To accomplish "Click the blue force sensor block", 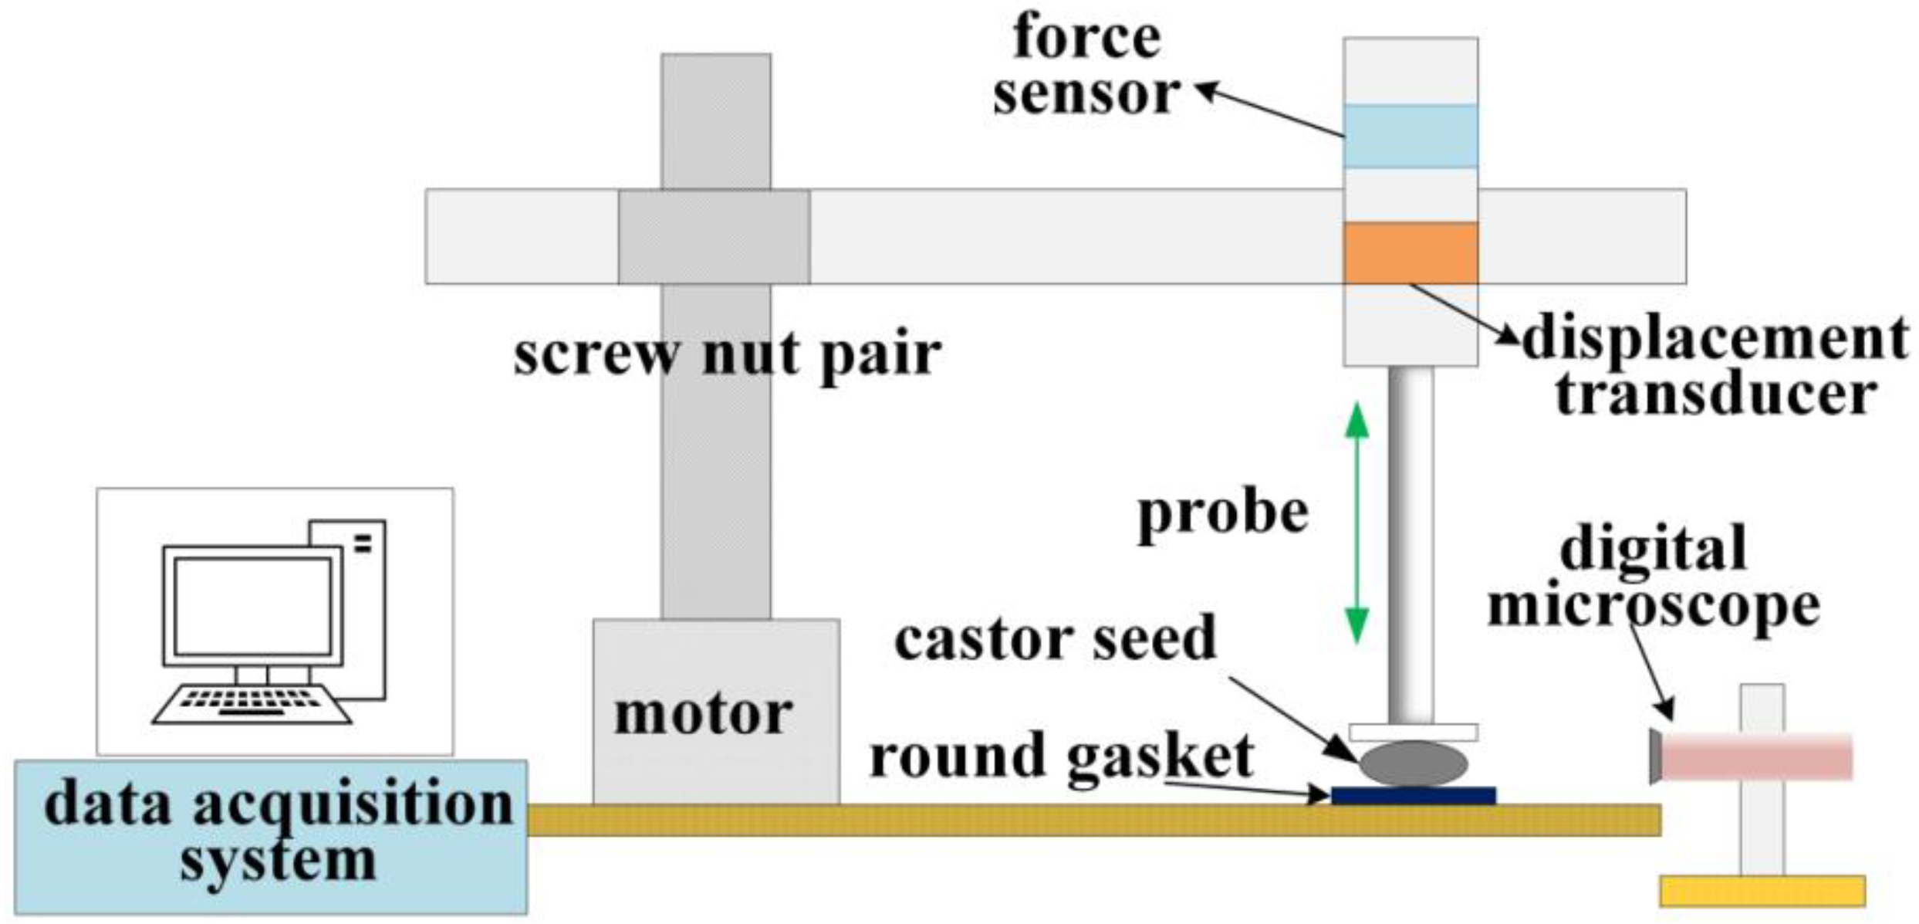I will point(1410,136).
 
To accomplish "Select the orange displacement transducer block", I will point(1410,252).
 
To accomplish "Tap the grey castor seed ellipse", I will point(1413,763).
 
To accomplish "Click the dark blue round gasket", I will point(1413,795).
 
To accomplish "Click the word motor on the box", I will point(703,713).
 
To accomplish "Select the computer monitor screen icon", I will point(252,606).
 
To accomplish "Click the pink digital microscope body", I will point(1755,756).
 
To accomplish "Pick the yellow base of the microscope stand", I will point(1762,890).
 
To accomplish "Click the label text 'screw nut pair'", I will point(727,355).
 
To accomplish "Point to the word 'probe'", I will point(1223,513).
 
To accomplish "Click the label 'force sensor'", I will point(1086,66).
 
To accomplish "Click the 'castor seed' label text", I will point(1055,639).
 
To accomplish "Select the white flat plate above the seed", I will point(1413,731).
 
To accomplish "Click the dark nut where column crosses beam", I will point(714,236).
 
